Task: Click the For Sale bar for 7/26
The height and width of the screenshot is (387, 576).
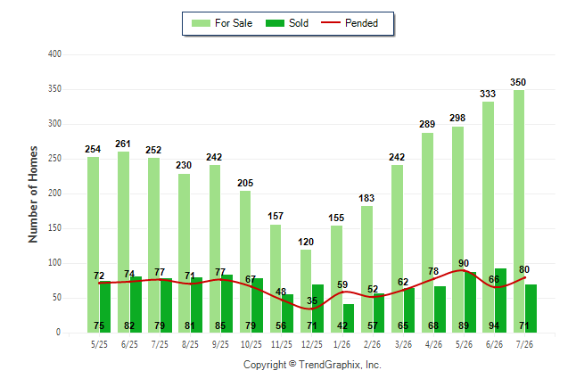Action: pos(519,211)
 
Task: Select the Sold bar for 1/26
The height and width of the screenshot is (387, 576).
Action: pos(349,318)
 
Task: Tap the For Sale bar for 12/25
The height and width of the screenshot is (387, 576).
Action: pos(306,291)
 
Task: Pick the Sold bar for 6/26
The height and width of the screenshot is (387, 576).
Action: pos(500,301)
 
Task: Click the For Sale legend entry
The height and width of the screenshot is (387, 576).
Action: pos(222,23)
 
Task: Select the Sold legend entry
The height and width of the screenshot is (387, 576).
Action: pos(287,23)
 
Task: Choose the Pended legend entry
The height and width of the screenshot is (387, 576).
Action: pos(350,23)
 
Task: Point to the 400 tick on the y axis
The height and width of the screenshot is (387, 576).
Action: pos(54,54)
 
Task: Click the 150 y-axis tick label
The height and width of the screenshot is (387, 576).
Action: pos(54,228)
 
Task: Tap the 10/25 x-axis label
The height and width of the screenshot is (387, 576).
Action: pos(251,344)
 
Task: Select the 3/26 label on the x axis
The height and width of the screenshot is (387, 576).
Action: pos(403,344)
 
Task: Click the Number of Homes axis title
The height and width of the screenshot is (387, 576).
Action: pos(33,194)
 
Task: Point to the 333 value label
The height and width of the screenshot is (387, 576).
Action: pos(488,94)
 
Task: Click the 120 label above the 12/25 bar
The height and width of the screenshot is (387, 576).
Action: pos(306,242)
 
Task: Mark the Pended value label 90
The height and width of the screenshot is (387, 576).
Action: pos(464,263)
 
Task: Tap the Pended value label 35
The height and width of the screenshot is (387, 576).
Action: pos(312,301)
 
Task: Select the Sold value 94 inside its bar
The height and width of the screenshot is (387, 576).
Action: pos(494,325)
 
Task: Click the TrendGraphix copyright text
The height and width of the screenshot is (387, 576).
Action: pos(312,365)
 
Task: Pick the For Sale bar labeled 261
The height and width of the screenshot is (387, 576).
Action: pos(123,243)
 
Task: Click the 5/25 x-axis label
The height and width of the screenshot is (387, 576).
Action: pos(99,344)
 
